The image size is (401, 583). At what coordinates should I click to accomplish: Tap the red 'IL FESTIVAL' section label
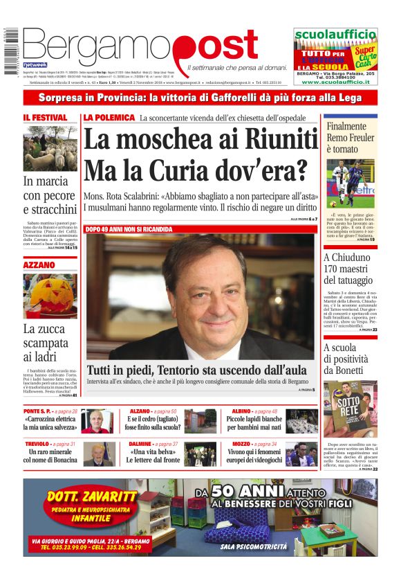coord(45,118)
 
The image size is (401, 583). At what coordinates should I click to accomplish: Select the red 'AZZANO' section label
coord(39,265)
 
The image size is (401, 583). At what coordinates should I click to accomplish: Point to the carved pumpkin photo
coord(50,296)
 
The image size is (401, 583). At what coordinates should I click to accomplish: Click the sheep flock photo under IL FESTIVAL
coord(50,147)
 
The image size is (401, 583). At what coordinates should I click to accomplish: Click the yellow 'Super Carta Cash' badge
coord(365,55)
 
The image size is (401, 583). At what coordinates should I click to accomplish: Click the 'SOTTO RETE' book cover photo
coord(350,408)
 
